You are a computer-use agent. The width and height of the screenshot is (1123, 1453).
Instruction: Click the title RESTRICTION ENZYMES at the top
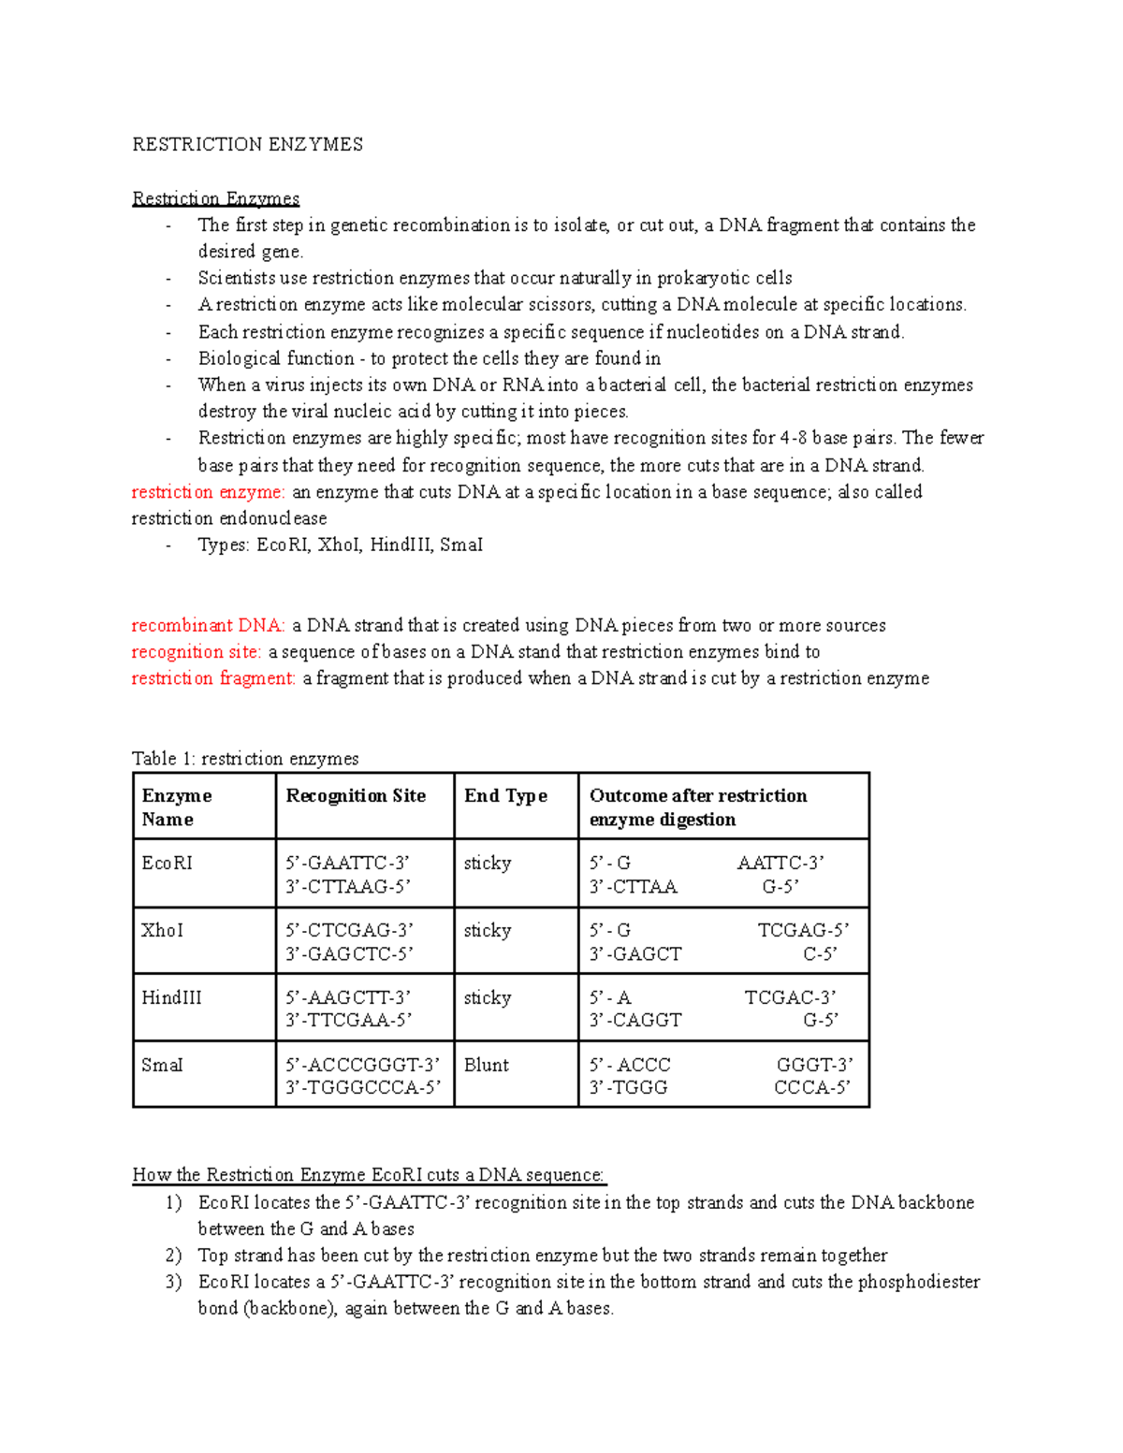coord(247,144)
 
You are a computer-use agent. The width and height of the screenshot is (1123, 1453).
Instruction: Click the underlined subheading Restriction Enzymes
coord(215,198)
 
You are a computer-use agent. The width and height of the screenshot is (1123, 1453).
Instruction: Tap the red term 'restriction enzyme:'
coord(207,492)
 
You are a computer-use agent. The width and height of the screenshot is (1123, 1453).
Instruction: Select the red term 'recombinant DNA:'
coord(208,625)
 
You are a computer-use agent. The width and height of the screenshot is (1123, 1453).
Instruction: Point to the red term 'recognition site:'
coord(196,652)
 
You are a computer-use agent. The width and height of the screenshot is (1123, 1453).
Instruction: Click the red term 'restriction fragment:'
coord(212,678)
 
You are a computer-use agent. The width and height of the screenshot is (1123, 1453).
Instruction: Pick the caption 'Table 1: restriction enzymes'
coord(245,759)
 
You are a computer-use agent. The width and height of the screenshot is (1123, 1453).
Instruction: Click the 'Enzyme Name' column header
coord(176,806)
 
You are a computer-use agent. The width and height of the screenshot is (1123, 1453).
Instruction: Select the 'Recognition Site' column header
coord(356,796)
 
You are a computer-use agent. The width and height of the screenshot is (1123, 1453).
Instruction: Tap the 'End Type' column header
coord(505,796)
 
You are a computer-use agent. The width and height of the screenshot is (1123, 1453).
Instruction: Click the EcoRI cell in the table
coord(167,864)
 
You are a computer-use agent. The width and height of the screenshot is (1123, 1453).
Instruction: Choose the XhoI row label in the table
coord(162,931)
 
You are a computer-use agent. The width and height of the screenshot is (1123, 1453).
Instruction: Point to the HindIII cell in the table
coord(171,998)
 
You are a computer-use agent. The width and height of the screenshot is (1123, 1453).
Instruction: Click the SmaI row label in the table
coord(162,1066)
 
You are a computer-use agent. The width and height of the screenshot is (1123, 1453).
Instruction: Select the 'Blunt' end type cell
coord(487,1066)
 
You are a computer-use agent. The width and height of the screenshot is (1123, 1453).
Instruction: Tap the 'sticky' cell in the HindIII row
coord(488,998)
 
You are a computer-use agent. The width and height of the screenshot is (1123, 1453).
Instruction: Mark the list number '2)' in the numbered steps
coord(173,1256)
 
